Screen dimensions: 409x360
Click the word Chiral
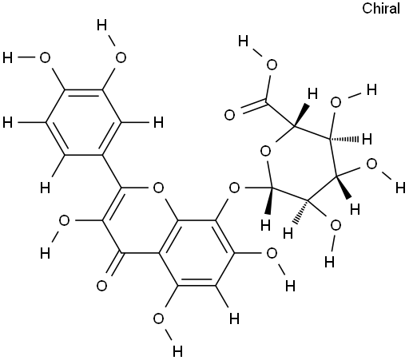click(381, 9)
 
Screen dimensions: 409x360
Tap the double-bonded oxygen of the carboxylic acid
click(229, 115)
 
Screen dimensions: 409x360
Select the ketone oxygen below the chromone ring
click(101, 286)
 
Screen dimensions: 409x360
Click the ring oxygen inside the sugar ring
click(265, 152)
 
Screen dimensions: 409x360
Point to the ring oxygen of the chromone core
click(159, 188)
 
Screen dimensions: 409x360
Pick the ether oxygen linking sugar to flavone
click(234, 188)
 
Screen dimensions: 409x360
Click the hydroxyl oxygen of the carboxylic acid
click(272, 65)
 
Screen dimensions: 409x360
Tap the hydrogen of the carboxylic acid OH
click(244, 42)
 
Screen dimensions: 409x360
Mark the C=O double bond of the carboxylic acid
click(254, 106)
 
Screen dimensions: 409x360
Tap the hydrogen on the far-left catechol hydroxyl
click(7, 57)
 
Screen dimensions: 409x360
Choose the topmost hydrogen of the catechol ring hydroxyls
click(101, 26)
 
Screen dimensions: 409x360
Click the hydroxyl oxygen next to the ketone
click(64, 221)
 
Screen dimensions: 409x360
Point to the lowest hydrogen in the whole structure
click(177, 351)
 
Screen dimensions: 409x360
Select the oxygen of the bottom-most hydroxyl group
click(159, 318)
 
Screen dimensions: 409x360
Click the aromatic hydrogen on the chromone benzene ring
click(234, 318)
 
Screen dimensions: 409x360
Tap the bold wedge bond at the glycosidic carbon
click(269, 201)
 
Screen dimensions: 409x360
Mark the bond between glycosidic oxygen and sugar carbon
click(257, 188)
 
